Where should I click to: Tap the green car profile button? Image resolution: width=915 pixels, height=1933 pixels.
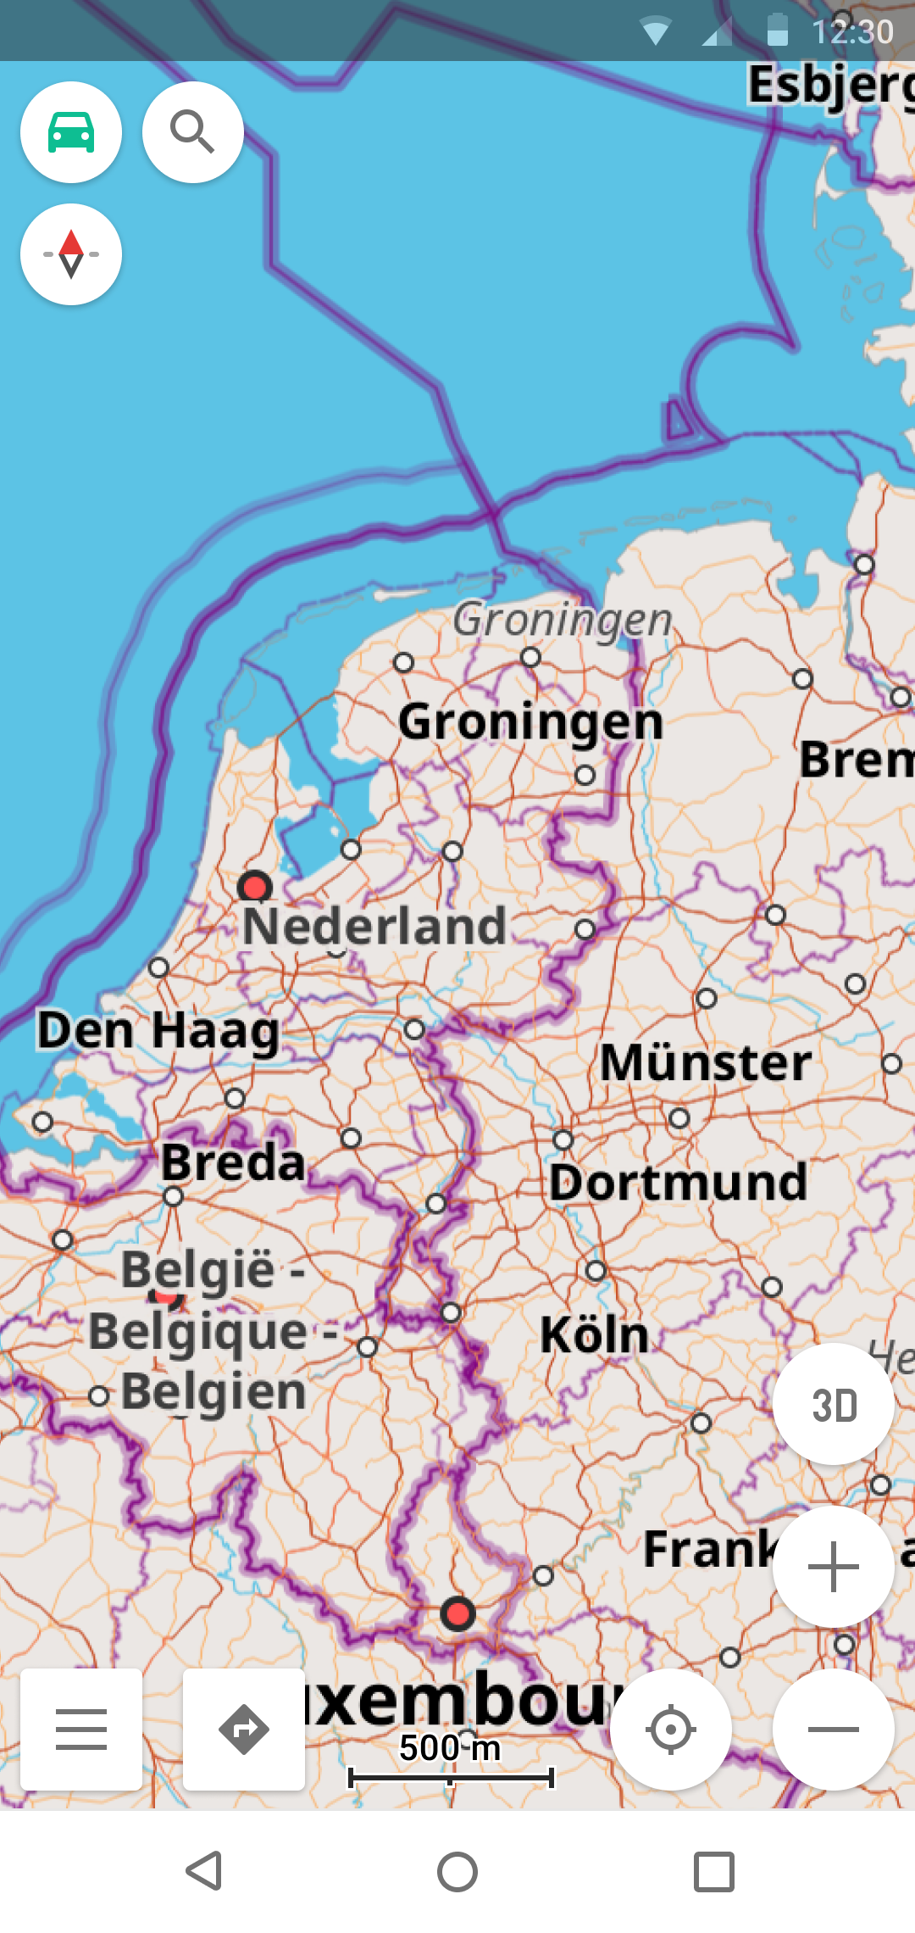(71, 132)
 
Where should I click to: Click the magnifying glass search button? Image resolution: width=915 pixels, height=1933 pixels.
(193, 132)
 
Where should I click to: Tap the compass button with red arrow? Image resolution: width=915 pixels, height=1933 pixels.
(71, 254)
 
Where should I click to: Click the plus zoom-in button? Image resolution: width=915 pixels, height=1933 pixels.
(834, 1567)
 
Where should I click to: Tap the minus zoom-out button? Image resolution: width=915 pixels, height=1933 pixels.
(834, 1730)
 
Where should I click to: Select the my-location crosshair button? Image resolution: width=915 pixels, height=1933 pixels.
(671, 1730)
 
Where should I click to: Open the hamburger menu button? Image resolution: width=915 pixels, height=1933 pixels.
(81, 1730)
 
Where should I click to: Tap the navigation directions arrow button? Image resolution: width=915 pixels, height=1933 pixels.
(244, 1730)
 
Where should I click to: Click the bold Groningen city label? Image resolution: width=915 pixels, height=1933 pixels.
(530, 722)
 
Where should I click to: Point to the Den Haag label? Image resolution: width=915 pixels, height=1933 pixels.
(158, 1031)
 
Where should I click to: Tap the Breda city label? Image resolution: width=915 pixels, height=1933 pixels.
(233, 1161)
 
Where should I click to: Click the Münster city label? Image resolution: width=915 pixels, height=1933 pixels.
(706, 1062)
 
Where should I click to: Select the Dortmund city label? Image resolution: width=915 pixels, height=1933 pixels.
(678, 1182)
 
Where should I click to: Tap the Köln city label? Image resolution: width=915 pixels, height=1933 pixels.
(595, 1334)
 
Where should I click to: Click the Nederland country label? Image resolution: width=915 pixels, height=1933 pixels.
(374, 926)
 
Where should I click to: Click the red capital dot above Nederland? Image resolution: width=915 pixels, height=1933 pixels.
(254, 887)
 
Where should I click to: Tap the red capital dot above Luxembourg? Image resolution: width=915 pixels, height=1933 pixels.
(457, 1613)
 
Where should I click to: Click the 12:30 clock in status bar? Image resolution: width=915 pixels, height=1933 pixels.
(852, 31)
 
